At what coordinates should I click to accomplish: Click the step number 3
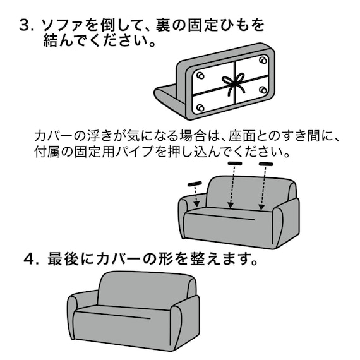tap(25, 26)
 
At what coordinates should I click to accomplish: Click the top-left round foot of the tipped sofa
tap(200, 75)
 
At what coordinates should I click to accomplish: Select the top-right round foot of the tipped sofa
tap(261, 61)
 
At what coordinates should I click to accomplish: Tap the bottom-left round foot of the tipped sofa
tap(200, 107)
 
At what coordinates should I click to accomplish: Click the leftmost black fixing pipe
tap(195, 184)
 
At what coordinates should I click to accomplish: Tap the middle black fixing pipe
tap(235, 164)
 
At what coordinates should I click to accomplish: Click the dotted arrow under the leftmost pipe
tap(197, 197)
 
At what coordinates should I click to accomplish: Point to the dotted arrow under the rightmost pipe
tap(263, 188)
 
